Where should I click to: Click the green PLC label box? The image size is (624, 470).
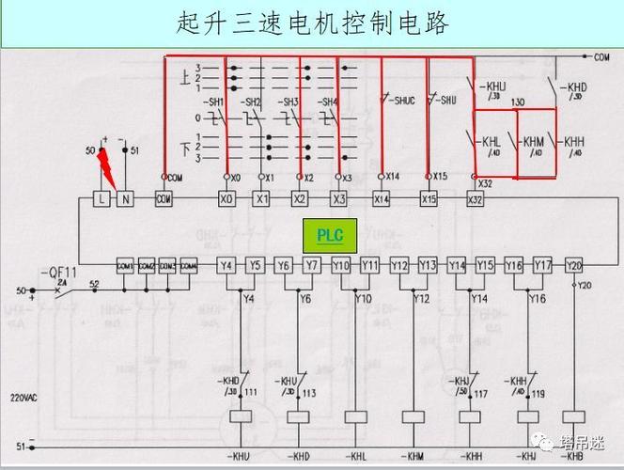330,235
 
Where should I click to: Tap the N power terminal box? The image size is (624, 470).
124,199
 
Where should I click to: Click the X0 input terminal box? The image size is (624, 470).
226,199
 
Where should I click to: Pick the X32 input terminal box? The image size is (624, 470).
476,199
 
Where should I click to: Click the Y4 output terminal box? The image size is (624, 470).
226,265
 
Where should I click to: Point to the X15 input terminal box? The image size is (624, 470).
429,199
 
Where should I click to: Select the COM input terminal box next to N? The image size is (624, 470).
164,199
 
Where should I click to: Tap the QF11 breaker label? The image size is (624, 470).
58,273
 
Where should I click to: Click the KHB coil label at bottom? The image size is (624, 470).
571,456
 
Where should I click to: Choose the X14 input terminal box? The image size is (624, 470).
381,199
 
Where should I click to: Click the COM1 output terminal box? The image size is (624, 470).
124,266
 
